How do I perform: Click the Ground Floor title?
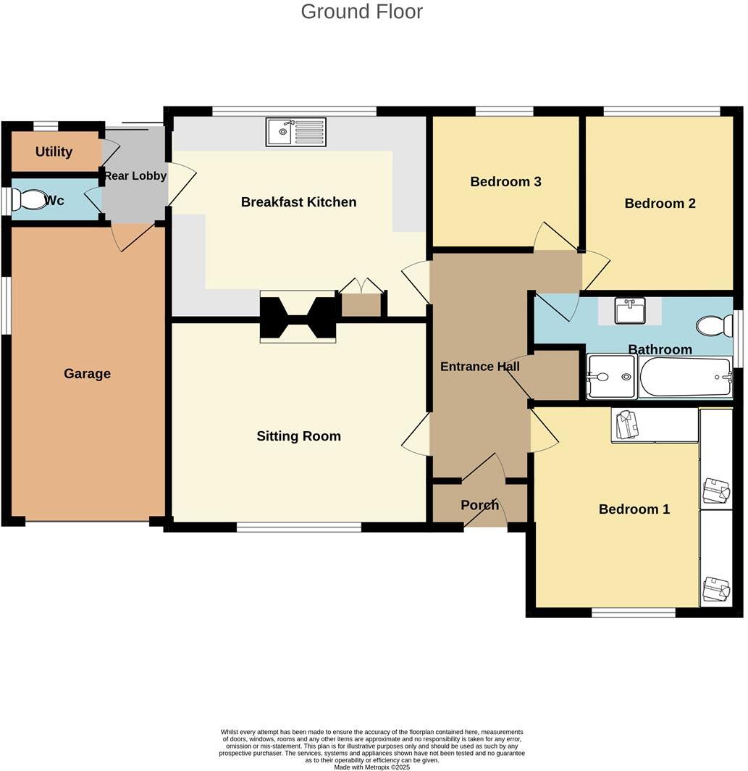(x=361, y=12)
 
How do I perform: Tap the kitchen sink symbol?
(x=295, y=132)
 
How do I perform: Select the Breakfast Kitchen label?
(x=298, y=202)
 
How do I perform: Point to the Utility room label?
(x=54, y=151)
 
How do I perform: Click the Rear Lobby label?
(x=135, y=176)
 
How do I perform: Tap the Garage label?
(x=87, y=374)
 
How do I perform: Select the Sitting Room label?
(x=298, y=436)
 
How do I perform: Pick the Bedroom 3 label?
(x=505, y=182)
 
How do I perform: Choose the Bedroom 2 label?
(x=660, y=204)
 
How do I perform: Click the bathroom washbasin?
(x=629, y=311)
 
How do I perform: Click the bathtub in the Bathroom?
(x=686, y=377)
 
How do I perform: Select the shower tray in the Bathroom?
(x=611, y=377)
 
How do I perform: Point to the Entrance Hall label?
(x=479, y=367)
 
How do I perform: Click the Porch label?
(x=479, y=505)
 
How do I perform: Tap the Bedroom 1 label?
(x=634, y=509)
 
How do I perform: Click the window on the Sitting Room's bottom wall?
(x=298, y=528)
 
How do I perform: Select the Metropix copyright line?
(x=371, y=767)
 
